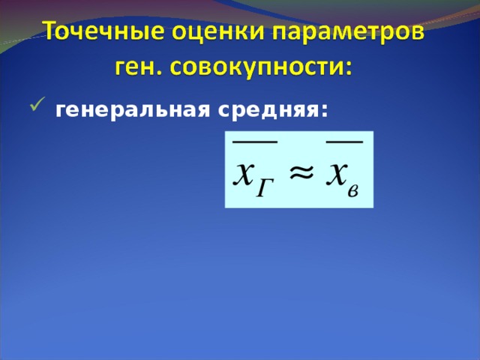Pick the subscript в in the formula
pos(354,187)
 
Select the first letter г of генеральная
pos(60,112)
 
